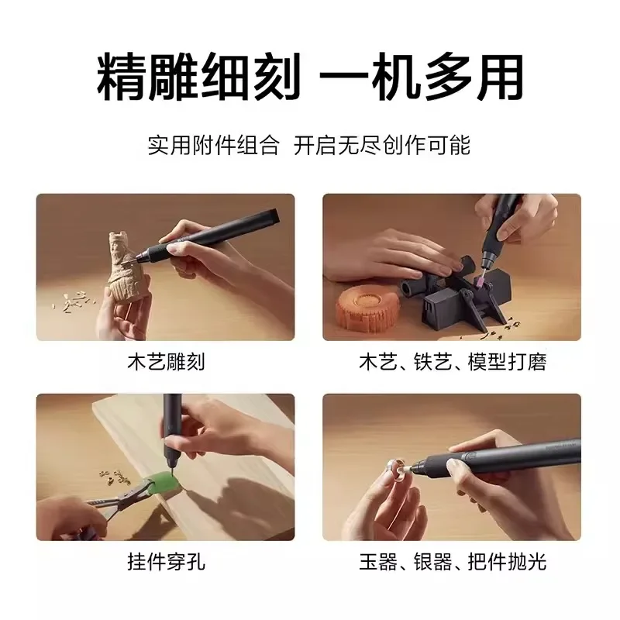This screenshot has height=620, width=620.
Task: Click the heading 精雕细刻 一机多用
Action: click(310, 77)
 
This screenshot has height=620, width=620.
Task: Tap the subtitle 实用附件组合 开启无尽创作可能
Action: click(310, 146)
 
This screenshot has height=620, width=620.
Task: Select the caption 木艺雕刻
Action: click(165, 362)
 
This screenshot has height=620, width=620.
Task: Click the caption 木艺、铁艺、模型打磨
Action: click(452, 362)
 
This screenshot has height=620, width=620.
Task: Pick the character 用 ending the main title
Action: click(496, 77)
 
